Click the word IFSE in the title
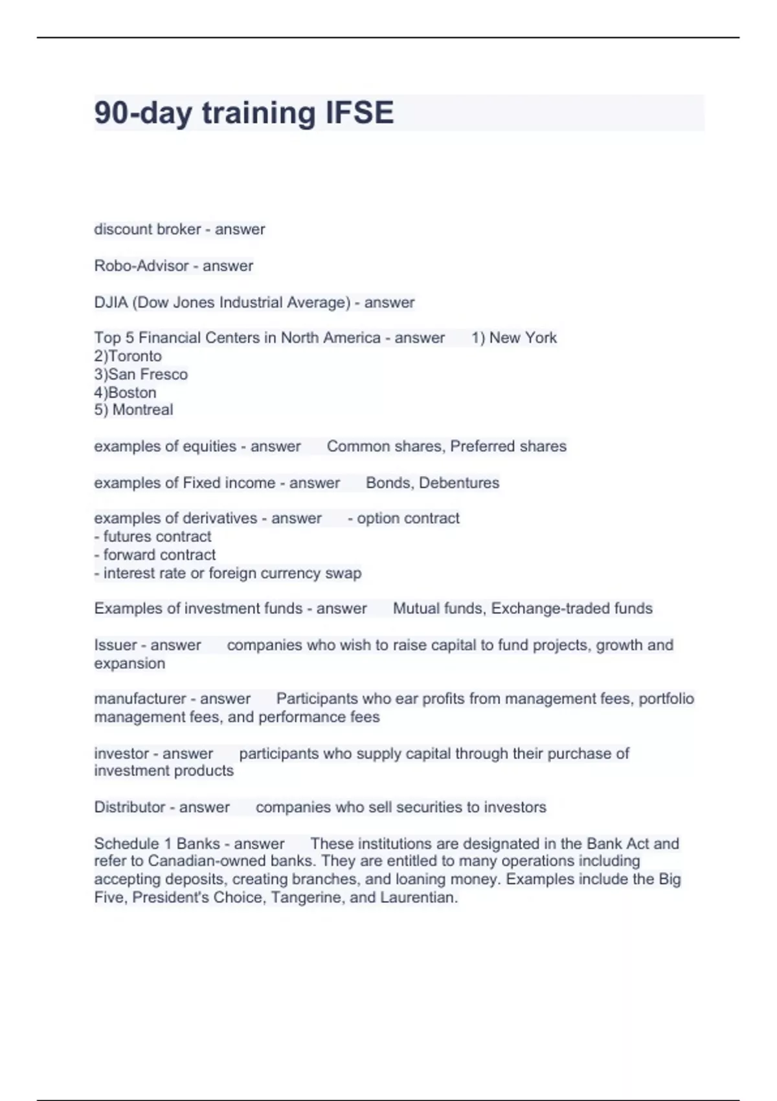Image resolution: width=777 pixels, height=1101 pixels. pyautogui.click(x=359, y=113)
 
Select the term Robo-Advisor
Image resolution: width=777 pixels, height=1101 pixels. pyautogui.click(x=140, y=266)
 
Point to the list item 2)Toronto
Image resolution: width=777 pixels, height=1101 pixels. pyautogui.click(x=128, y=356)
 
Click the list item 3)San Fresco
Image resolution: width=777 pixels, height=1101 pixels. pyautogui.click(x=141, y=374)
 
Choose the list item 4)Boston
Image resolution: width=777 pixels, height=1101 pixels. pyautogui.click(x=125, y=392)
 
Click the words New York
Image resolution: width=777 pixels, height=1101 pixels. pyautogui.click(x=523, y=337)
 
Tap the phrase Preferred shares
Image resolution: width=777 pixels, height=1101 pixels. pyautogui.click(x=508, y=446)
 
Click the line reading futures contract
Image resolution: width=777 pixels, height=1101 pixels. pyautogui.click(x=153, y=536)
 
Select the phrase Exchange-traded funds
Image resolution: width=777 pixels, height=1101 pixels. pyautogui.click(x=572, y=608)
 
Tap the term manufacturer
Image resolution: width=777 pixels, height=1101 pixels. pyautogui.click(x=140, y=699)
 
